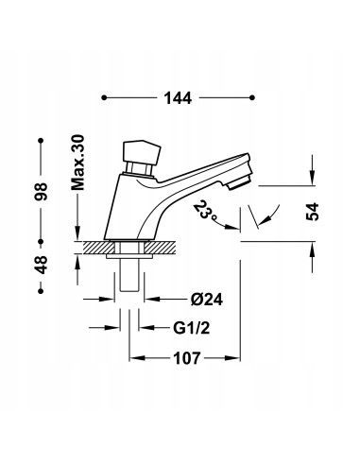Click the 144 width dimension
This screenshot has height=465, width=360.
tap(178, 98)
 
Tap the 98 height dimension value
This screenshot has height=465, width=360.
tap(42, 191)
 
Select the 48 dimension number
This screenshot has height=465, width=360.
tap(42, 265)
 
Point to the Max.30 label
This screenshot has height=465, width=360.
tap(77, 163)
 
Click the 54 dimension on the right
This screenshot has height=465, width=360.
tap(313, 212)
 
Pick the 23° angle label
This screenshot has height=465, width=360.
tap(205, 210)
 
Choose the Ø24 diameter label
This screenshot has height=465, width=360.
tap(206, 300)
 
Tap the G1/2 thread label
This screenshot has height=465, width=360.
tap(191, 328)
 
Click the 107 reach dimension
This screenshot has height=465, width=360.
tap(187, 358)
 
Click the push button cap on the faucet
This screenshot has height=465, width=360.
tap(141, 153)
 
